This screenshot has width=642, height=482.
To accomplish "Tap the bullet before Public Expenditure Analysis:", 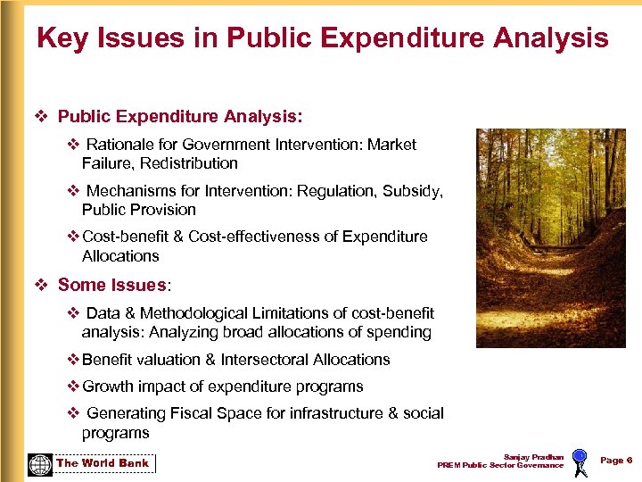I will pyautogui.click(x=40, y=116).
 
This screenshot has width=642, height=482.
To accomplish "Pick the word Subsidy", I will pyautogui.click(x=412, y=190).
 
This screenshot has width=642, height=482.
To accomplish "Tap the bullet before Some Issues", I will pyautogui.click(x=40, y=285).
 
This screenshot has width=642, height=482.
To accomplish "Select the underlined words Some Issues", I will pyautogui.click(x=111, y=285).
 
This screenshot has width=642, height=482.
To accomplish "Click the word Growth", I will pyautogui.click(x=106, y=386).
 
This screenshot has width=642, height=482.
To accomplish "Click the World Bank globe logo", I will pyautogui.click(x=40, y=464).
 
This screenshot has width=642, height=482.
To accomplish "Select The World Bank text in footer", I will pyautogui.click(x=103, y=463).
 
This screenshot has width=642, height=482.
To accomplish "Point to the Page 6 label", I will pyautogui.click(x=616, y=460).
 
